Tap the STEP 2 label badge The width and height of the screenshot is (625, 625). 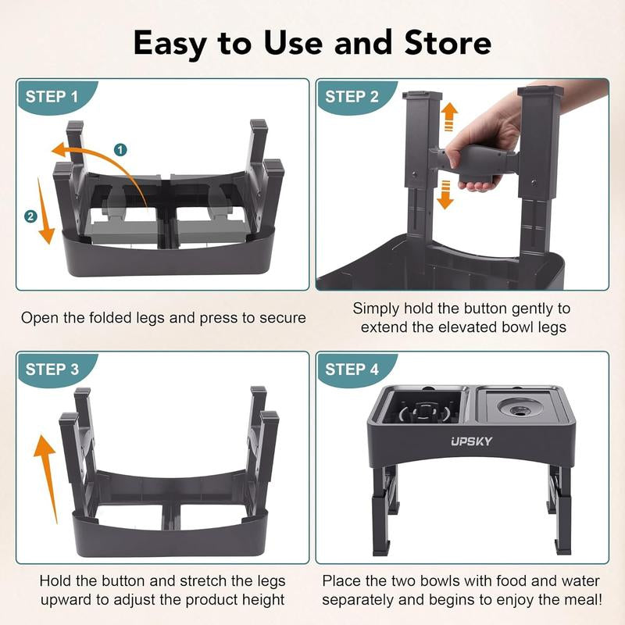click(x=352, y=97)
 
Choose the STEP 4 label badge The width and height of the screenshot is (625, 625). click(x=352, y=370)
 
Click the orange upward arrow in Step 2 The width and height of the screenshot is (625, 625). click(x=448, y=120)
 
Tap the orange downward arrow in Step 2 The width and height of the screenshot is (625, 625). click(x=445, y=195)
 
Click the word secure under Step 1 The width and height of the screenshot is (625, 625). click(x=278, y=318)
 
